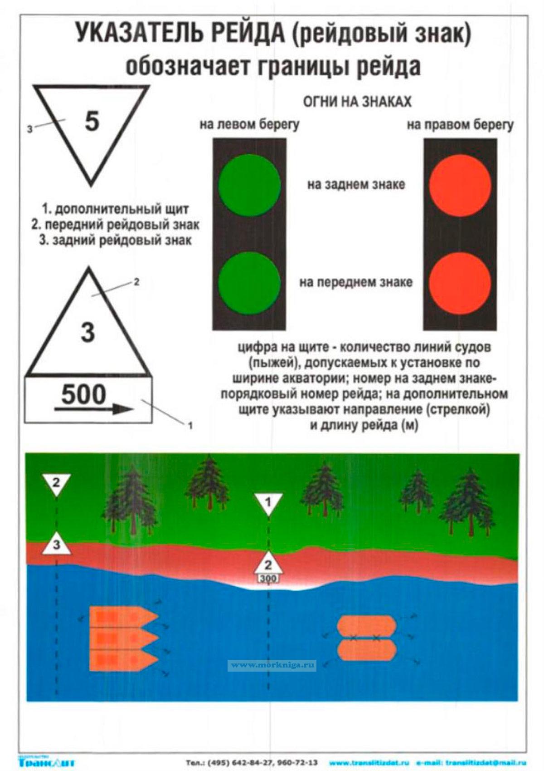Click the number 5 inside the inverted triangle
[92, 121]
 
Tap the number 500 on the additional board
[83, 394]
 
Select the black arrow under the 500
[94, 409]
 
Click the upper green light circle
[249, 185]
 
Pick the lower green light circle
[249, 282]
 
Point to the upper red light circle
[460, 185]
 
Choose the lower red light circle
[460, 282]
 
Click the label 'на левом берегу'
[249, 124]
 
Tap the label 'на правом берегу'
[460, 124]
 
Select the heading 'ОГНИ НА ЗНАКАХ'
[357, 102]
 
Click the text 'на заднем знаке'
[356, 185]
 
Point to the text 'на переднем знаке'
[356, 282]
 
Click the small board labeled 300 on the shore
[268, 579]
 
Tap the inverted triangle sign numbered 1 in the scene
[268, 503]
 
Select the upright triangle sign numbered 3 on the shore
[57, 545]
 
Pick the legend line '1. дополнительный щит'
[115, 209]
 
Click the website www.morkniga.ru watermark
[272, 665]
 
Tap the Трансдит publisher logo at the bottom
[47, 762]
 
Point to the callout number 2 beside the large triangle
[136, 282]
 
